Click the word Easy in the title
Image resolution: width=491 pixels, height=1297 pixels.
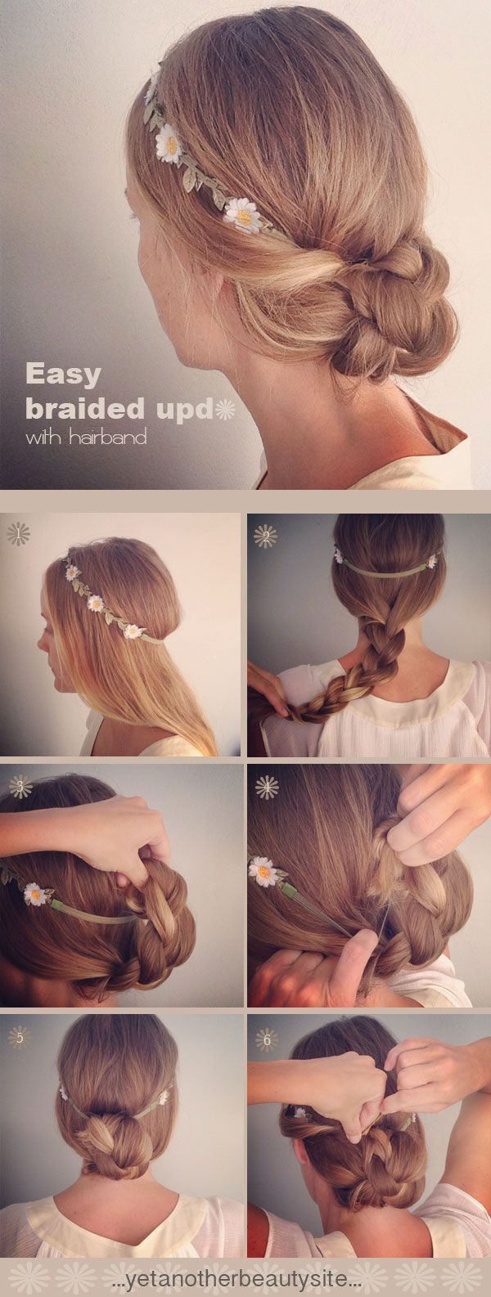pos(63,375)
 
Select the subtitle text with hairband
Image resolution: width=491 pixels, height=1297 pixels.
pos(86,438)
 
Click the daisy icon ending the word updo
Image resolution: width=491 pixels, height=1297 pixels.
pos(224,409)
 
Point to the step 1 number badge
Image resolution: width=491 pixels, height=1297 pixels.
pos(18,534)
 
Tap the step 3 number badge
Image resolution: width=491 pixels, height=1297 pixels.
pos(20,787)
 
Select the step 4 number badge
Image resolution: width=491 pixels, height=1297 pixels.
pos(266,787)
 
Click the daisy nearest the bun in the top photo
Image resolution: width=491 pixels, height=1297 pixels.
pos(243,214)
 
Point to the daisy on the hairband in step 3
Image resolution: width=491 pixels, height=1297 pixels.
pos(36,893)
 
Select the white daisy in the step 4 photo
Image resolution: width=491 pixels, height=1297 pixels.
pos(264,871)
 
